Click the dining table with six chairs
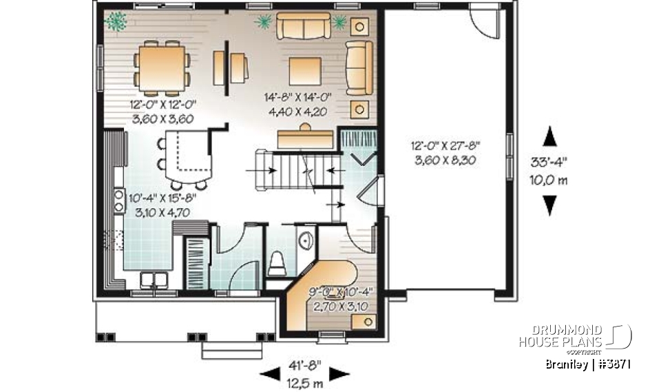pyautogui.click(x=162, y=68)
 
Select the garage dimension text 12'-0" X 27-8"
pyautogui.click(x=445, y=145)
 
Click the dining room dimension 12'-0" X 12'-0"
pyautogui.click(x=162, y=105)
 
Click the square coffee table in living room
pyautogui.click(x=305, y=70)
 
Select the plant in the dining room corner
pyautogui.click(x=116, y=21)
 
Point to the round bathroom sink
pyautogui.click(x=306, y=240)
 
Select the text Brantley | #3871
pyautogui.click(x=587, y=364)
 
